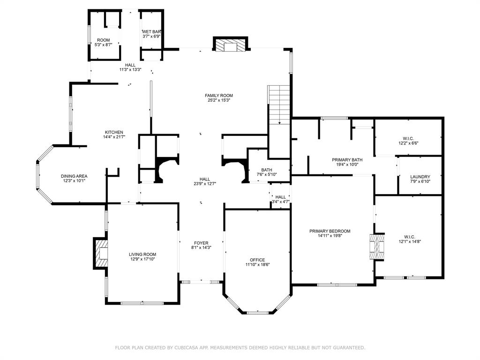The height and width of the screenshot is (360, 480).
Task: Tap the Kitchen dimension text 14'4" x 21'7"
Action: point(114,137)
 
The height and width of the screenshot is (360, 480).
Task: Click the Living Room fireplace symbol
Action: point(101,254)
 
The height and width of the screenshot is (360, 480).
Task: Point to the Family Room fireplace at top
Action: point(230,45)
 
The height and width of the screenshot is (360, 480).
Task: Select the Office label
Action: point(257,260)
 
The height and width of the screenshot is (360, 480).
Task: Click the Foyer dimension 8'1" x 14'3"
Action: point(202,247)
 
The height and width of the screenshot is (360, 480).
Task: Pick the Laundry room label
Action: point(420,177)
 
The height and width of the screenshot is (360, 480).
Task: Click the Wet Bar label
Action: point(151,31)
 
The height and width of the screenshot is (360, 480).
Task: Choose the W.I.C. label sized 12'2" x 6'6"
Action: point(407,138)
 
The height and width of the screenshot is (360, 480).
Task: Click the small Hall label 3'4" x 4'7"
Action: point(281,197)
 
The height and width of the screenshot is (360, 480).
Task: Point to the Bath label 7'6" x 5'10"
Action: point(267,170)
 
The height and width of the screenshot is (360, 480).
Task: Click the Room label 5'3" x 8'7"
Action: point(103,40)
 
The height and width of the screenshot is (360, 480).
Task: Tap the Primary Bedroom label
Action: point(330,231)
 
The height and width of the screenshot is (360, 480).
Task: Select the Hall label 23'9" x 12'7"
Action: point(205,179)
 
